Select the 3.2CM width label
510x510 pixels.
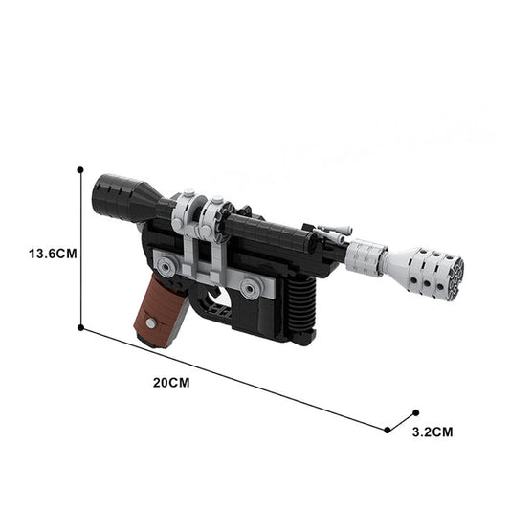[432, 432]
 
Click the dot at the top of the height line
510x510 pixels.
[80, 170]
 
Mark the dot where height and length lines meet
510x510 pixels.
[80, 326]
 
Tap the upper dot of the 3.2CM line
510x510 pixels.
[415, 412]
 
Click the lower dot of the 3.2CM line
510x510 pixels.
[388, 430]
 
